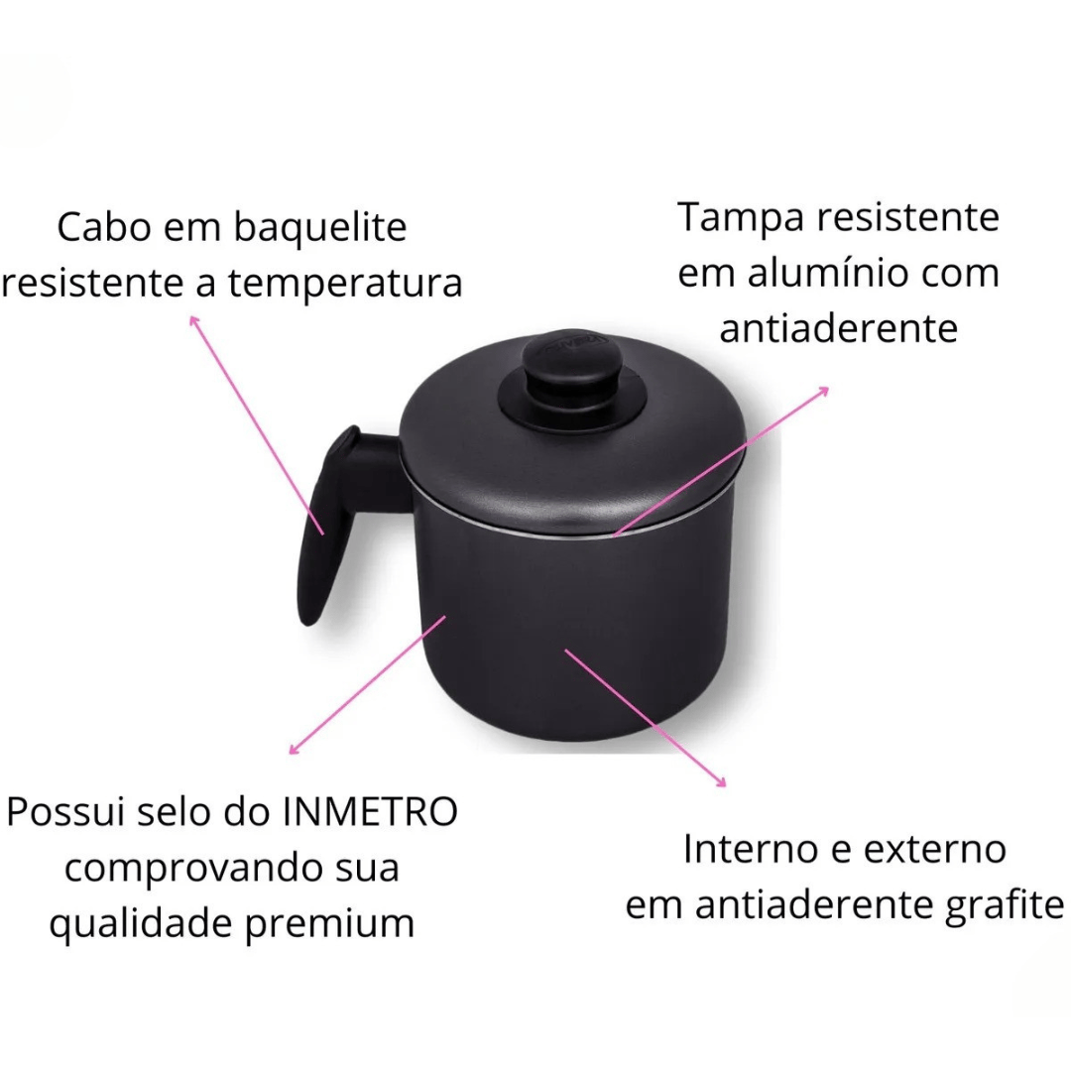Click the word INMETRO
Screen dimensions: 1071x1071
pyautogui.click(x=370, y=811)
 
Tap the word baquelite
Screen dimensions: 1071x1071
pyautogui.click(x=320, y=228)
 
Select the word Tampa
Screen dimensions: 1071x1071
pyautogui.click(x=741, y=218)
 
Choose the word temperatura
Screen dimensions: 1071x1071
pyautogui.click(x=345, y=283)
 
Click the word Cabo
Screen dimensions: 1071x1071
pyautogui.click(x=104, y=227)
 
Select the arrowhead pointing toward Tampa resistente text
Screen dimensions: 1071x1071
pyautogui.click(x=823, y=392)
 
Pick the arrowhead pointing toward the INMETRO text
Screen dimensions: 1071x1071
pyautogui.click(x=294, y=750)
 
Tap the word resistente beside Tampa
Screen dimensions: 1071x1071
pyautogui.click(x=908, y=218)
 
